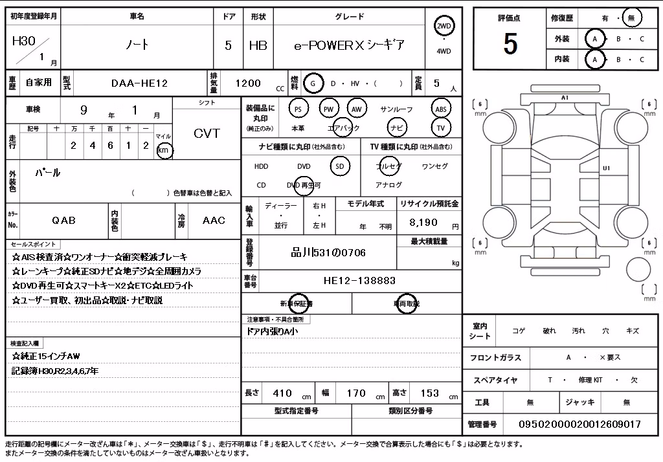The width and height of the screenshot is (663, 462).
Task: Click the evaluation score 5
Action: point(510,43)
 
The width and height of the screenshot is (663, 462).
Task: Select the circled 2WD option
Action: point(444,27)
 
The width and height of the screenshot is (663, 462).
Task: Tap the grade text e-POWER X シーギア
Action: point(349,45)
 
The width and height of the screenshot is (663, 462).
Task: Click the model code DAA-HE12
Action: point(140,83)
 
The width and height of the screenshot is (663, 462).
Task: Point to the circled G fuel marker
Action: point(313,83)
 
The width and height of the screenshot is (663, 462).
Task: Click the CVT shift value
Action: point(207,133)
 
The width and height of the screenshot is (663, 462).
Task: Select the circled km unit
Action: point(164,150)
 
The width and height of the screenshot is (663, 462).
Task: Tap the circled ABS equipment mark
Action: point(440,109)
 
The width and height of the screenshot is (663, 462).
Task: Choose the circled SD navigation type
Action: point(340,166)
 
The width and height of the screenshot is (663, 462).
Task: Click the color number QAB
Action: point(64,220)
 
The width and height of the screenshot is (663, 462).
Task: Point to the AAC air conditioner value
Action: point(214,220)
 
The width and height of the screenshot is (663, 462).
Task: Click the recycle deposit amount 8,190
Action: point(423,223)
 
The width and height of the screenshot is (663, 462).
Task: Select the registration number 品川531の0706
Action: point(328,253)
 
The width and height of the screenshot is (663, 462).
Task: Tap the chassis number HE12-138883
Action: point(359,280)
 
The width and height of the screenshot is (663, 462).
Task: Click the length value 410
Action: point(282,393)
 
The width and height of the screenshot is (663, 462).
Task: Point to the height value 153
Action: point(430,393)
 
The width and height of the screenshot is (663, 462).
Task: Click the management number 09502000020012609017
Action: point(579,424)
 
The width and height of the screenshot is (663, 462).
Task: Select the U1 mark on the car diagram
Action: point(606,168)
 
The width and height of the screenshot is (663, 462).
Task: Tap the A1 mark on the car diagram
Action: point(565,98)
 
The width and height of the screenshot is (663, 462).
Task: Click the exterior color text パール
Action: point(48,173)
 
